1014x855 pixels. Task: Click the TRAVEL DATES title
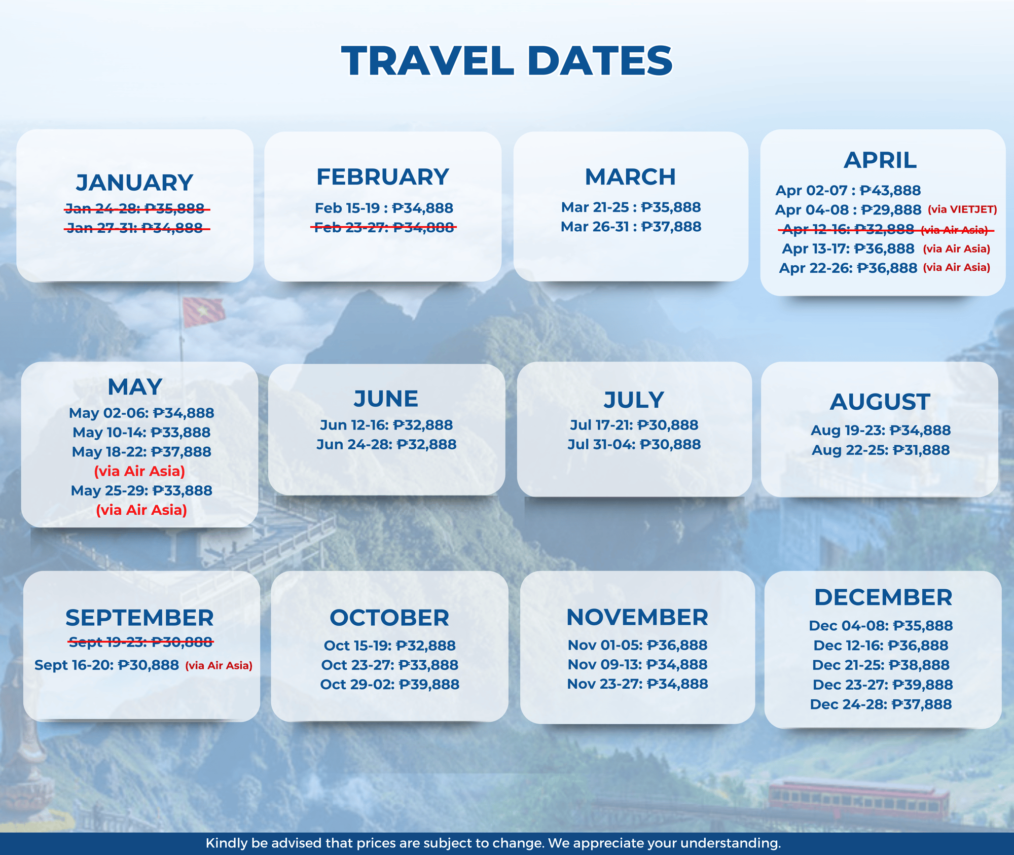click(507, 61)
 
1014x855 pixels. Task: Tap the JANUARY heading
click(135, 183)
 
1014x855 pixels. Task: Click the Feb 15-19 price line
click(384, 208)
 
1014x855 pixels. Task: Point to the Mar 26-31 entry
click(631, 227)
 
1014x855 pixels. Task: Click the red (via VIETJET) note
click(962, 209)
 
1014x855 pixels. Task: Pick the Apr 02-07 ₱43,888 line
click(848, 191)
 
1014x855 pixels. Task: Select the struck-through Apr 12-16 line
click(886, 230)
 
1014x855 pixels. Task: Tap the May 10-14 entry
click(141, 433)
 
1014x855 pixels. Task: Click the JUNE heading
click(386, 399)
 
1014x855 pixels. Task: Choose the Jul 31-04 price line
click(634, 445)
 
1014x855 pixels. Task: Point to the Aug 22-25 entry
click(881, 450)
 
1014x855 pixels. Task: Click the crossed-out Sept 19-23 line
click(141, 643)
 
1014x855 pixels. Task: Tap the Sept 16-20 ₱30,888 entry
click(106, 665)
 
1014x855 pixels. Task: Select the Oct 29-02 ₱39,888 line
click(390, 685)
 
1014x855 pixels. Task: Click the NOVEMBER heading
click(637, 618)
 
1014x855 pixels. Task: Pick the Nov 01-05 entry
click(637, 646)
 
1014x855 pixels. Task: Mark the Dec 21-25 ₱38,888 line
click(881, 665)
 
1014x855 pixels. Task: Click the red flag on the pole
click(203, 311)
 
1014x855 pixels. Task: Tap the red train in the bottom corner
click(859, 798)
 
